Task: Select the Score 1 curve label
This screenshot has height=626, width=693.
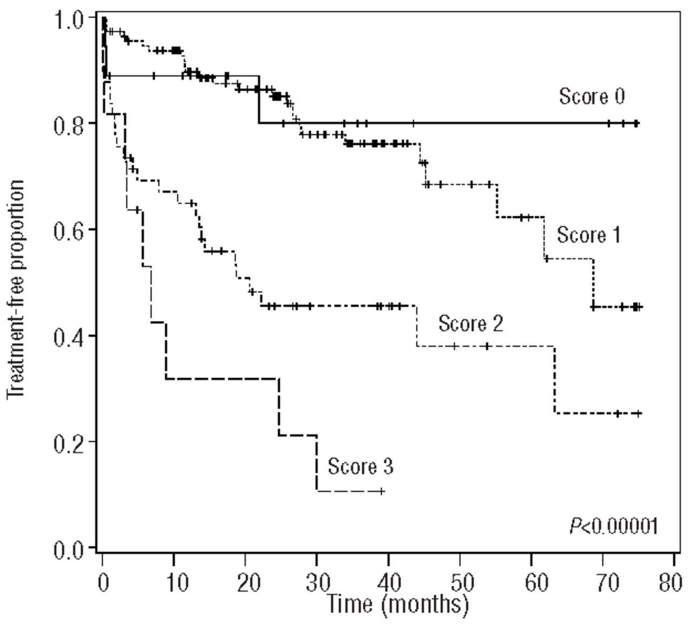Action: (x=589, y=235)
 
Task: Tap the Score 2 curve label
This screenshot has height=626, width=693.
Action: (x=470, y=324)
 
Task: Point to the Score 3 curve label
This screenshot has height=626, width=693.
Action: (x=360, y=466)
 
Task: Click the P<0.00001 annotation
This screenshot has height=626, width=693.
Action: (x=613, y=526)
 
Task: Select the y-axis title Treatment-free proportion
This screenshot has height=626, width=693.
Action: (x=16, y=290)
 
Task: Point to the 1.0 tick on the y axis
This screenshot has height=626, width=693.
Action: (x=69, y=20)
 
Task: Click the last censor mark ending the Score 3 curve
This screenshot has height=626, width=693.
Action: (x=382, y=491)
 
